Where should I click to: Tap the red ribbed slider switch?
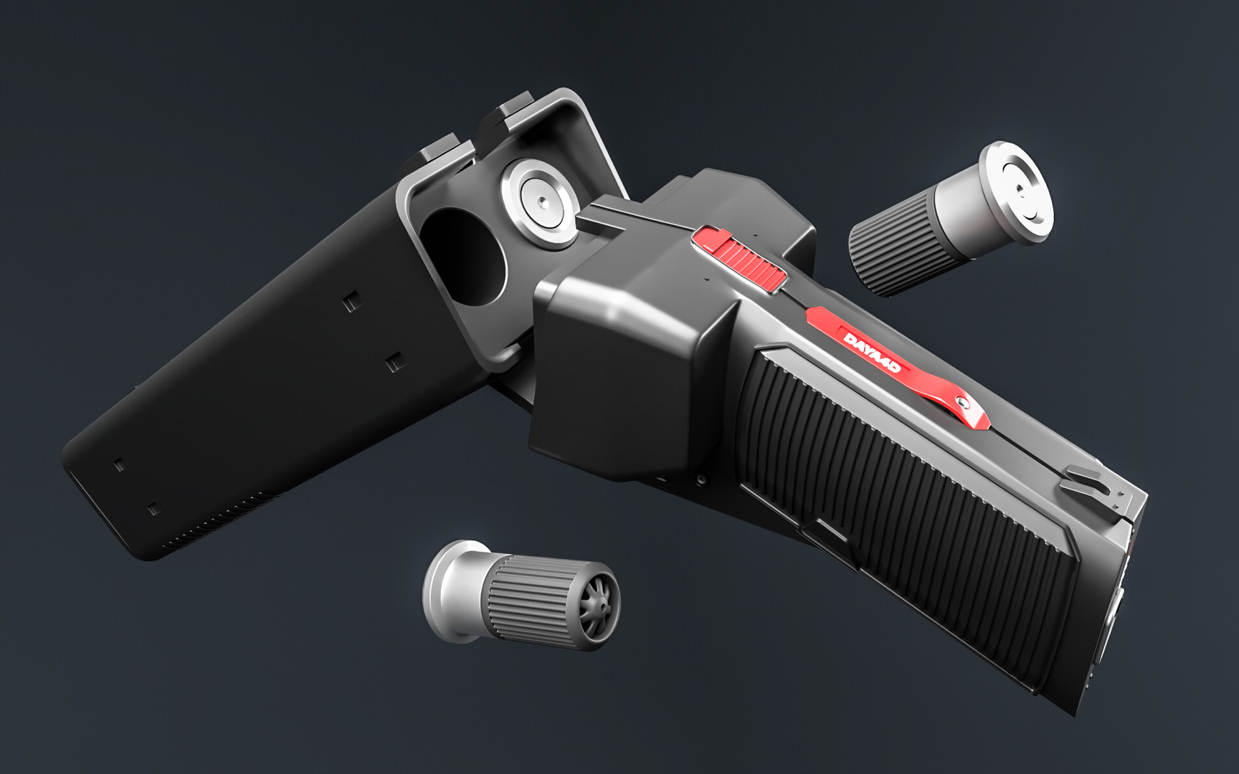coord(742,259)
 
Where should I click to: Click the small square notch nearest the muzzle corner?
coord(153,510)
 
